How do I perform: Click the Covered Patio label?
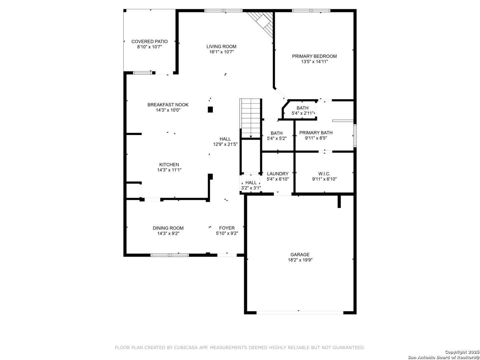click(149, 41)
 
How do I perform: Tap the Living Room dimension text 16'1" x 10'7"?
click(221, 52)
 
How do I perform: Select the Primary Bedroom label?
click(314, 56)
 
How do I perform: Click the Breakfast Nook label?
click(168, 105)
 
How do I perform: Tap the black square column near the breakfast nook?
click(210, 109)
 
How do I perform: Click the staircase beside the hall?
click(250, 118)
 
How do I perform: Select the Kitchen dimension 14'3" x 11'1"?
click(169, 170)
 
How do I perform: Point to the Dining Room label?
click(168, 228)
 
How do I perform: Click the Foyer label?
click(227, 228)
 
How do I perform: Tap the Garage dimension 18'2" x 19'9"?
click(300, 260)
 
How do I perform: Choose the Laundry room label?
click(278, 174)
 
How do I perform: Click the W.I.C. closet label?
click(324, 174)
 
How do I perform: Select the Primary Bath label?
click(316, 132)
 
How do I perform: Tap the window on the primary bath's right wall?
click(355, 136)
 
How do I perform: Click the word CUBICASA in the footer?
click(185, 347)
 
